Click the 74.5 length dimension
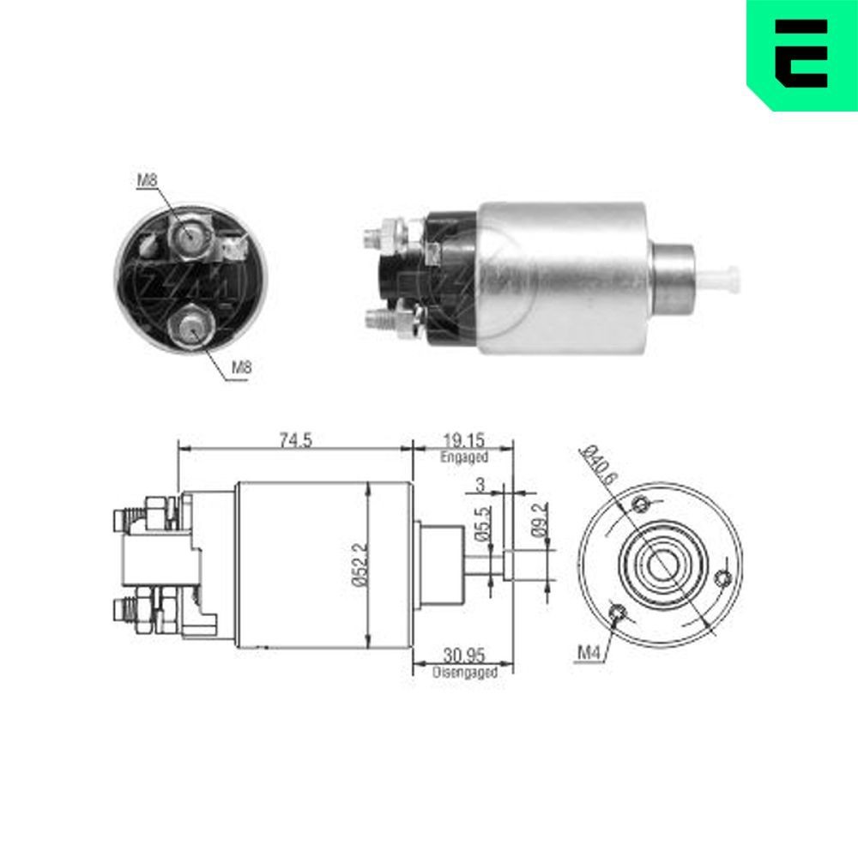point(294,440)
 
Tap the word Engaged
point(463,457)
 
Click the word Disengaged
point(465,674)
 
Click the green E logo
point(802,53)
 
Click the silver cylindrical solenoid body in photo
point(562,279)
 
